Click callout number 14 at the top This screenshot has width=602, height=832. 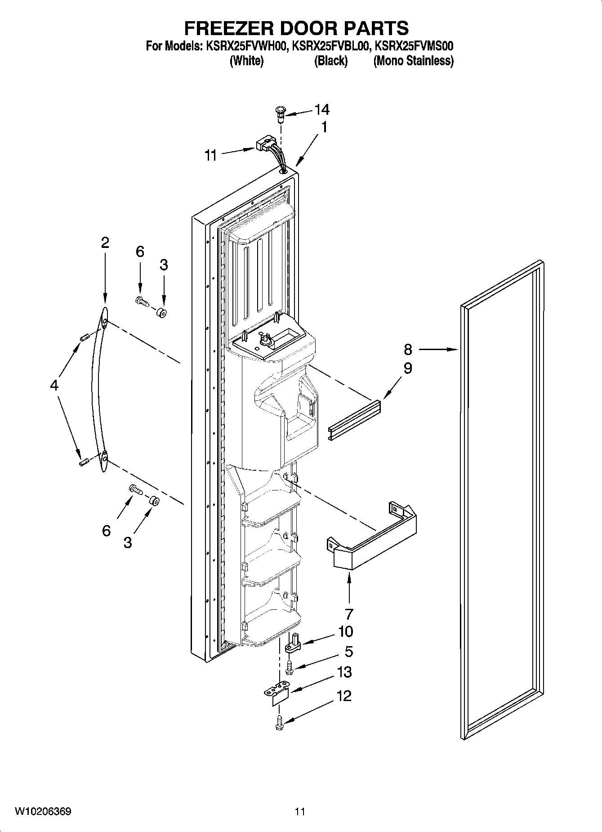[321, 109]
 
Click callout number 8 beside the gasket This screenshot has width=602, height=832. [408, 349]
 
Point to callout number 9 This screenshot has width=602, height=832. [408, 369]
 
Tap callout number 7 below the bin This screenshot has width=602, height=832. [349, 613]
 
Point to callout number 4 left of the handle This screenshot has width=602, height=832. [54, 385]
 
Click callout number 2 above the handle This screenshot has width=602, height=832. [105, 243]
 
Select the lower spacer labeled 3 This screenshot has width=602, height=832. [154, 500]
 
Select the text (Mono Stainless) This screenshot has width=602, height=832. [413, 61]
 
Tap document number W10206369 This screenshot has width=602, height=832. [43, 811]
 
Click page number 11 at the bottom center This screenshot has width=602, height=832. [300, 811]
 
